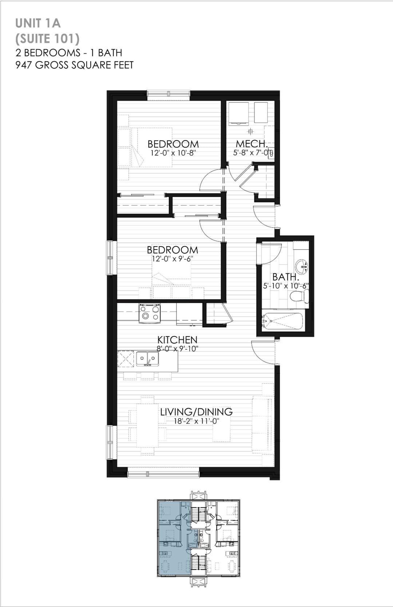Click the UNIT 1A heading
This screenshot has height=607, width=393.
(x=38, y=24)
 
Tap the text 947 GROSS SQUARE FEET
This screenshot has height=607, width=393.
(x=75, y=65)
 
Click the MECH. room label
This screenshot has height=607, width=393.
(x=252, y=144)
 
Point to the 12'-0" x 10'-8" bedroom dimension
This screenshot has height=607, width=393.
(x=173, y=152)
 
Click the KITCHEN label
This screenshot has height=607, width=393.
(x=177, y=340)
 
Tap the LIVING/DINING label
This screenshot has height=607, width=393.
(x=196, y=412)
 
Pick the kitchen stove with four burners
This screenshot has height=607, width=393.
(x=150, y=313)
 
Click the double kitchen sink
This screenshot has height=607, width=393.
(x=147, y=359)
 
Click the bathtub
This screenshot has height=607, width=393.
(x=283, y=321)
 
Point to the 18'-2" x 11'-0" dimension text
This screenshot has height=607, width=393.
(x=196, y=421)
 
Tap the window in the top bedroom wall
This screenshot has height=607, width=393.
(x=169, y=94)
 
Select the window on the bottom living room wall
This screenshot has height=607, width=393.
(x=163, y=474)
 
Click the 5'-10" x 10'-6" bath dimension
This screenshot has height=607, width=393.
(x=286, y=285)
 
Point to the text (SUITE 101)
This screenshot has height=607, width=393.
(x=47, y=39)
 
